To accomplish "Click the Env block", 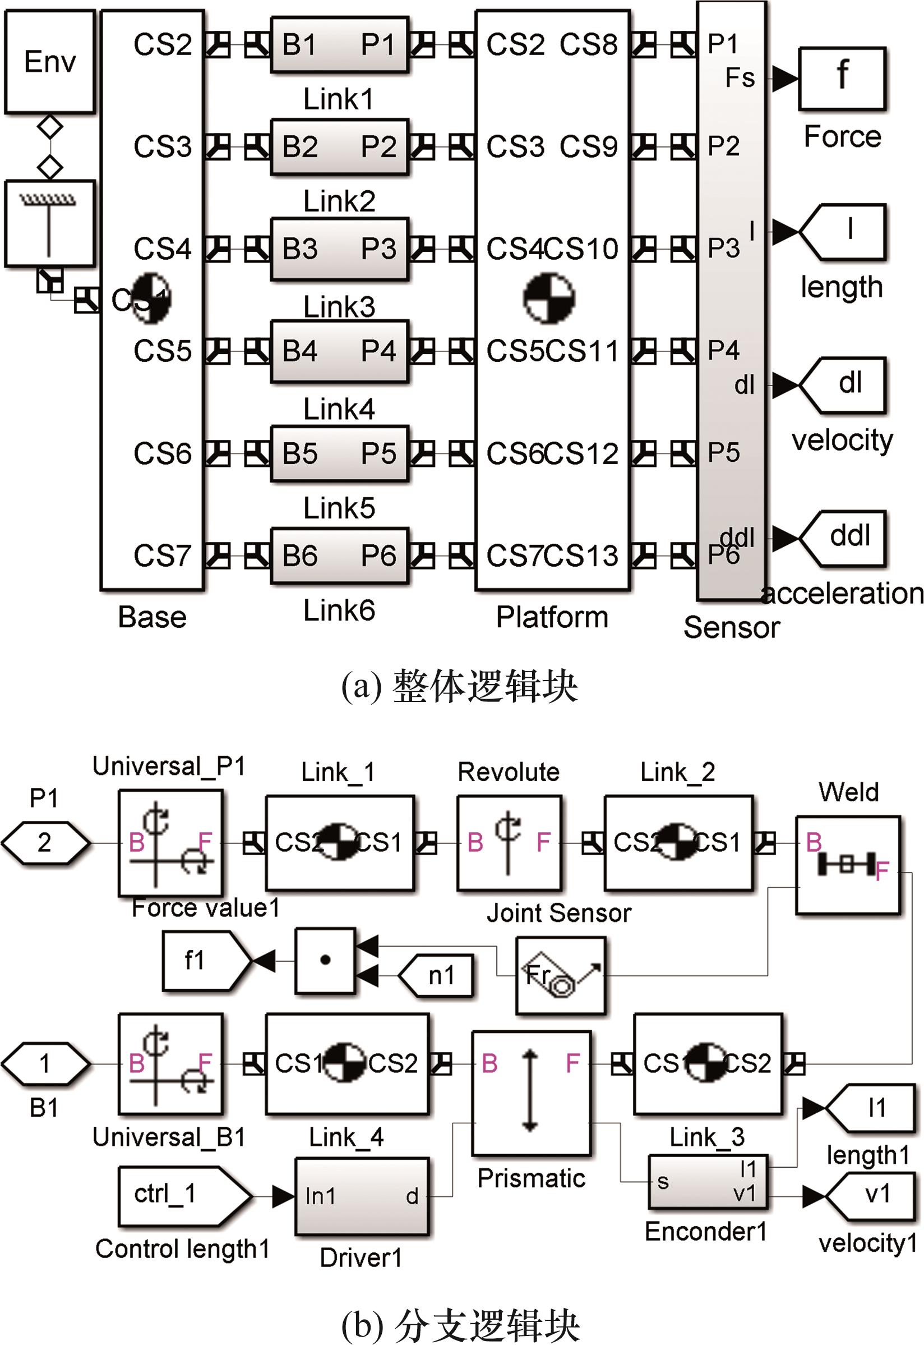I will click(50, 61).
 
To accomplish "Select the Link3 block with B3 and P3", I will click(340, 249).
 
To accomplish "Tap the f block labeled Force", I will click(842, 79).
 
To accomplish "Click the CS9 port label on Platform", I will click(588, 146).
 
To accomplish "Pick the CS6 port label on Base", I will click(162, 453).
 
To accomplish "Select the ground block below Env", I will click(50, 223).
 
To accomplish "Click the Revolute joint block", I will click(509, 843).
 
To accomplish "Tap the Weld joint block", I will click(848, 865).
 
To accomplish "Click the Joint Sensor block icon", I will click(561, 976).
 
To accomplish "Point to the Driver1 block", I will click(362, 1197).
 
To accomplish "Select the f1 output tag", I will click(202, 961).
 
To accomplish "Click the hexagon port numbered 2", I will click(45, 843).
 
